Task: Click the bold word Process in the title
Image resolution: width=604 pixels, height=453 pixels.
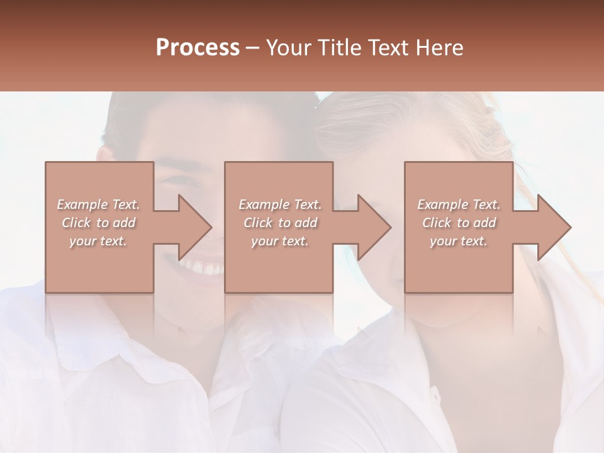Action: pos(198,48)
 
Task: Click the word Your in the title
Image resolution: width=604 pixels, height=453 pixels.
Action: pos(287,48)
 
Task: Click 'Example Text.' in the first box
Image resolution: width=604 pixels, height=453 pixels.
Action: pos(98,204)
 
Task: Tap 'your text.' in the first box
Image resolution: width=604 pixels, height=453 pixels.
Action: pos(98,241)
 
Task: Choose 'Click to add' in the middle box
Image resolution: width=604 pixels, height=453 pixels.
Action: pos(280,223)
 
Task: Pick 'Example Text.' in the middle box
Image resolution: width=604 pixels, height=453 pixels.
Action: pos(280,204)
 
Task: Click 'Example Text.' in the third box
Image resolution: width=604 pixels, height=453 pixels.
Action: pos(459,204)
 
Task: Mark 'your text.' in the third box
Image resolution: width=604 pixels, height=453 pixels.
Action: pos(459,241)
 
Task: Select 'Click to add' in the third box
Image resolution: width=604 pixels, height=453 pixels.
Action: pos(459,223)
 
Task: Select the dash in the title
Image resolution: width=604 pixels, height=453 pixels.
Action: pos(253,48)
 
